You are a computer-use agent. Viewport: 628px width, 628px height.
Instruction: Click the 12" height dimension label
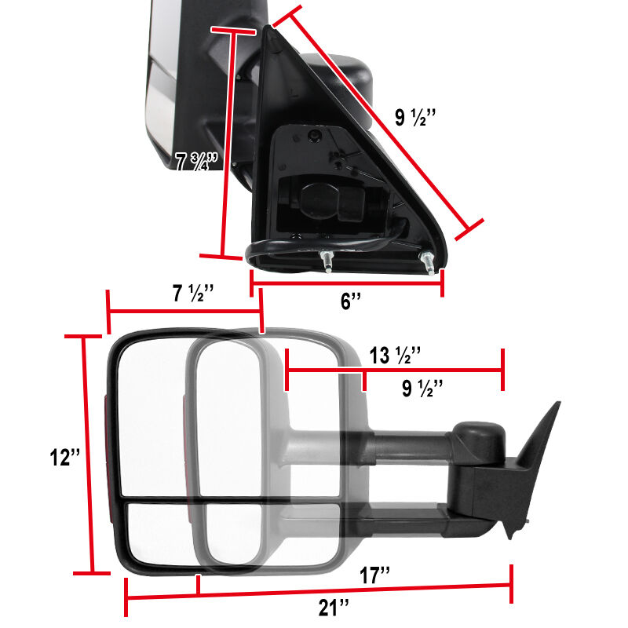click(65, 458)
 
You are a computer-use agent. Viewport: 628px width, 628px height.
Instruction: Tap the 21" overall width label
click(334, 608)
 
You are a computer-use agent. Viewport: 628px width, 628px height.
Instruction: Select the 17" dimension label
click(374, 575)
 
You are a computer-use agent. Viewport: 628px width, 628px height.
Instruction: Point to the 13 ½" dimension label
click(395, 356)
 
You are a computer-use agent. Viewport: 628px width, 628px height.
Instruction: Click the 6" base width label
click(351, 301)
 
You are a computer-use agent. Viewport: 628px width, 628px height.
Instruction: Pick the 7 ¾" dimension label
click(197, 162)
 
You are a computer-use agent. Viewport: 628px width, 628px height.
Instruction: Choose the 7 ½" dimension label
click(193, 293)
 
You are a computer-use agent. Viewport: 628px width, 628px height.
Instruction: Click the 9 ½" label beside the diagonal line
click(415, 118)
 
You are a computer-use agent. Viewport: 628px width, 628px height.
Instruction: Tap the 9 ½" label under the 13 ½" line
click(422, 389)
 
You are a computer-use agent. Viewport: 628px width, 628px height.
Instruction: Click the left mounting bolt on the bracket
click(327, 261)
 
